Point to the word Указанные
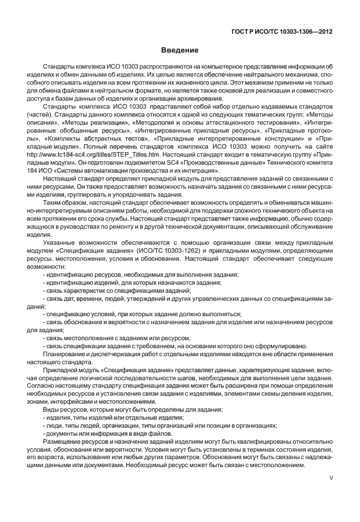(x=59, y=244)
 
